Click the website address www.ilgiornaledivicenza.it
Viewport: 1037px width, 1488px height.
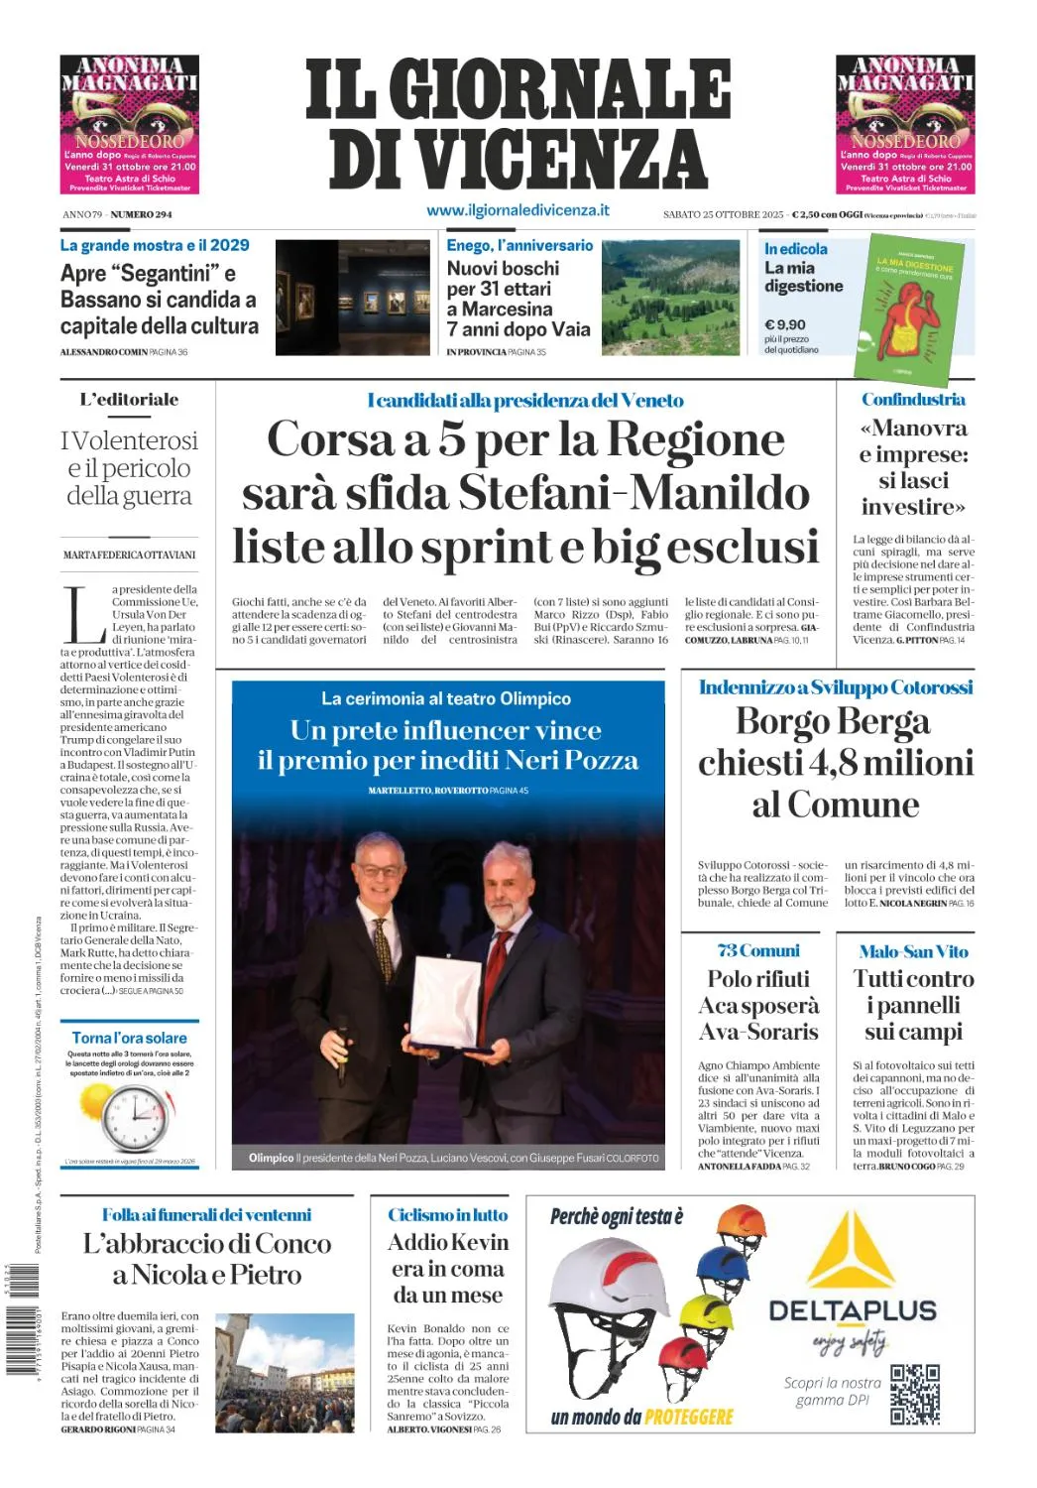(518, 210)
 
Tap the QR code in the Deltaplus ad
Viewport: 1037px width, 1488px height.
(914, 1394)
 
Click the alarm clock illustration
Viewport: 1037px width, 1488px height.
(134, 1117)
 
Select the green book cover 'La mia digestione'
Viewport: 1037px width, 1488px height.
(910, 309)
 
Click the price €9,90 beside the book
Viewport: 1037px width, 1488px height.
(784, 324)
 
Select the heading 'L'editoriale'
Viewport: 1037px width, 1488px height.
(129, 400)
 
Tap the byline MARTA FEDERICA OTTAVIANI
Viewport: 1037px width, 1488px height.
(129, 555)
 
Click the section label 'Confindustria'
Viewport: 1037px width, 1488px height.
(912, 400)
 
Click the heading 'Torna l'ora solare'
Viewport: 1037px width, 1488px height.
(129, 1038)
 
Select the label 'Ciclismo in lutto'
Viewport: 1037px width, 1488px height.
(447, 1214)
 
